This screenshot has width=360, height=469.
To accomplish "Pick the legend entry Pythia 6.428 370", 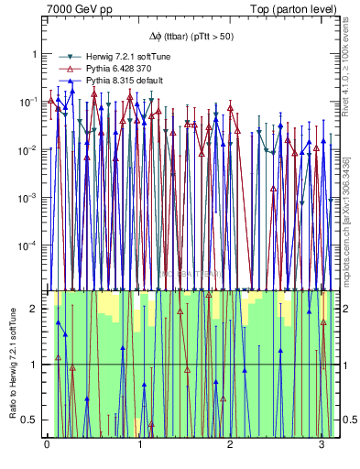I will [111, 69].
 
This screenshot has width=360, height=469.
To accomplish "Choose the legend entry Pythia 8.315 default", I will [114, 82].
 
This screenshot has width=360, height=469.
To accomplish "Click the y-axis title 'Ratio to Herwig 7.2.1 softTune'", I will [11, 364].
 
